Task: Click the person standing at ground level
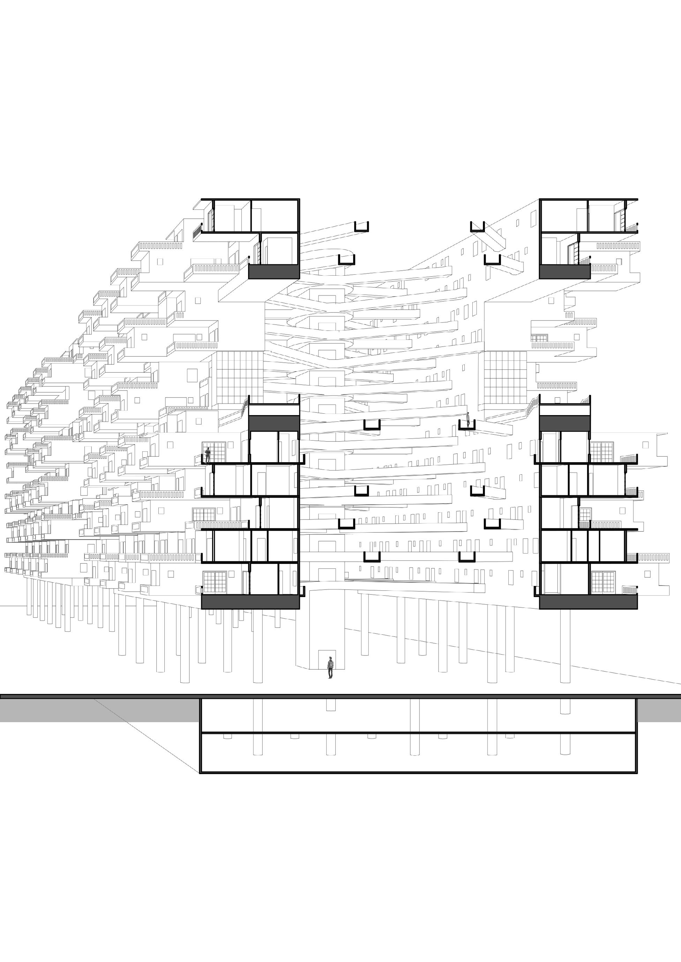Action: click(330, 667)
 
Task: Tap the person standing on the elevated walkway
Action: click(468, 419)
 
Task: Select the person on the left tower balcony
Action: click(207, 455)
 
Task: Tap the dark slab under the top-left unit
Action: click(274, 272)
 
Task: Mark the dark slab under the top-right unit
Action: click(564, 272)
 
